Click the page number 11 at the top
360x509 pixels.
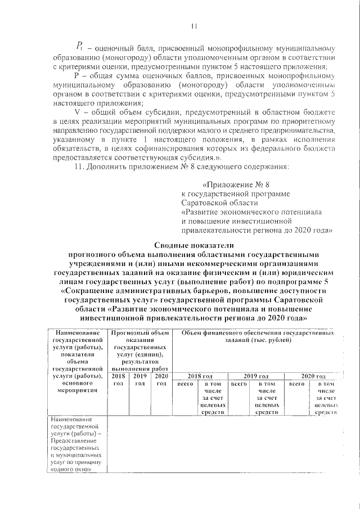pyautogui.click(x=193, y=25)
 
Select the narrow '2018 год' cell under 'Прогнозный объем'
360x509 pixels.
pyautogui.click(x=119, y=380)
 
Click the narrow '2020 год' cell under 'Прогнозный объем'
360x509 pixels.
pyautogui.click(x=161, y=380)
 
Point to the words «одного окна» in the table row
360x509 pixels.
pyautogui.click(x=71, y=470)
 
